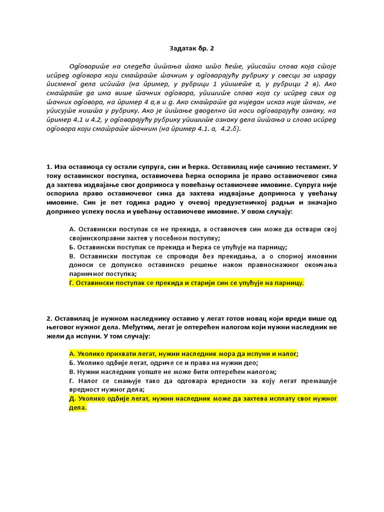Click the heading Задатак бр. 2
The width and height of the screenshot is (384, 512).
191,48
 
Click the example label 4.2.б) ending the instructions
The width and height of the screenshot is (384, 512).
231,129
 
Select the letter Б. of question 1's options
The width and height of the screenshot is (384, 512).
72,247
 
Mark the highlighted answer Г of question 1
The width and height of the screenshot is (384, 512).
186,283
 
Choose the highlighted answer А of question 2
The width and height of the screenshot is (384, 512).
183,354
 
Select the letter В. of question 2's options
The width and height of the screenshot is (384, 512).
72,372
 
